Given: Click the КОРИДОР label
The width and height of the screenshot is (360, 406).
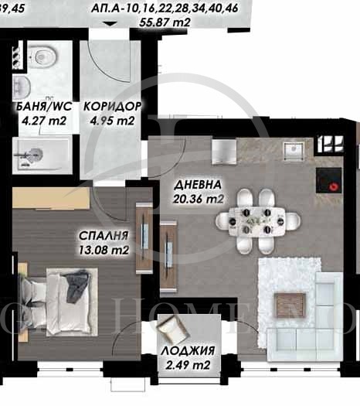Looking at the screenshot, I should coord(112,107).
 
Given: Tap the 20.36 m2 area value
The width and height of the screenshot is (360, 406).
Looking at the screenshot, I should coord(199,199).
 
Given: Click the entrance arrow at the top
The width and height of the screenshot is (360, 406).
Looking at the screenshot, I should coord(113,26).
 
